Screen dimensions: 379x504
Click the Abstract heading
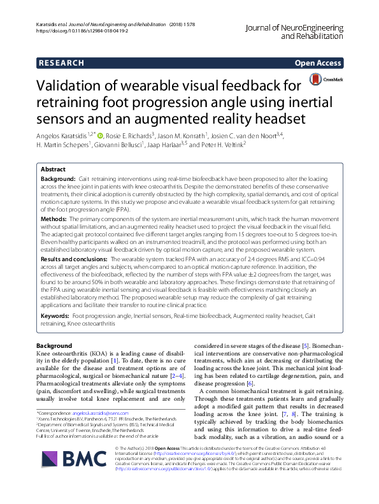click(x=53, y=170)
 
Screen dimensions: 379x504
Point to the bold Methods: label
click(x=55, y=218)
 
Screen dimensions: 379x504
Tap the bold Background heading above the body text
click(x=54, y=345)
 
